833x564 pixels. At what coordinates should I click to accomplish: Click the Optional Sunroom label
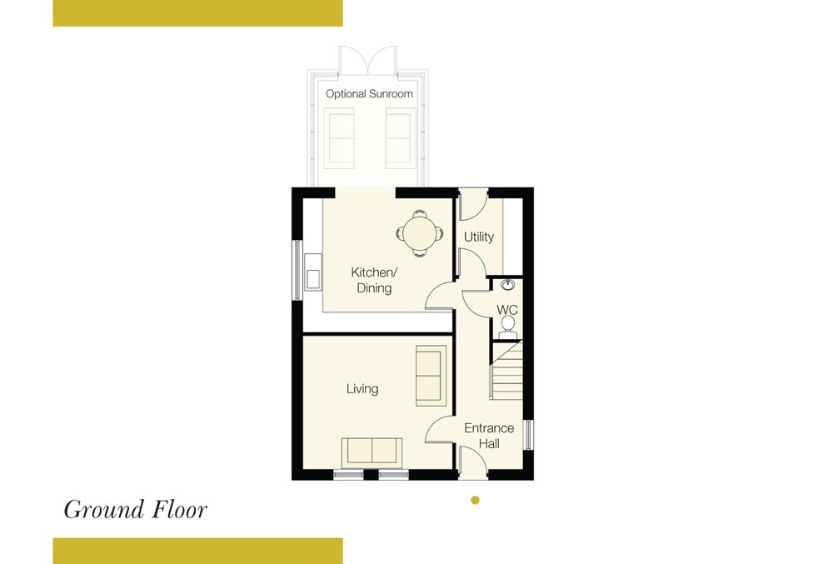tap(369, 94)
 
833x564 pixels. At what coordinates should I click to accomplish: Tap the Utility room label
tap(479, 237)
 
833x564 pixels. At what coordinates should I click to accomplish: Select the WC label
tap(506, 310)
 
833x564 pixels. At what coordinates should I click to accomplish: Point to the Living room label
tap(362, 389)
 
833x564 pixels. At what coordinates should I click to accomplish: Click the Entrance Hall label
tap(489, 436)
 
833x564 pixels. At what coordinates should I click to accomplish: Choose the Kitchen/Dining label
tap(374, 280)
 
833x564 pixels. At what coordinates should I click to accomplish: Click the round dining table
tap(420, 233)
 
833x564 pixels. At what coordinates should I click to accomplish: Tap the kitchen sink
tap(313, 272)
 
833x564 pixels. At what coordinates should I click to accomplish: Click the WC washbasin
tap(508, 285)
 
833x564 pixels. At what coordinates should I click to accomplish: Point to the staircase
tap(506, 370)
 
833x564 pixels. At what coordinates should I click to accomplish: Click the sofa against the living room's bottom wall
tap(372, 452)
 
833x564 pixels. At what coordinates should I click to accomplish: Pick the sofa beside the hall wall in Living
tap(431, 376)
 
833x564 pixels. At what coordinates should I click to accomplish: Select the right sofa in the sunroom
tap(401, 138)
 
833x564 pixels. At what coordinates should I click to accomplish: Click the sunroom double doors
tap(368, 59)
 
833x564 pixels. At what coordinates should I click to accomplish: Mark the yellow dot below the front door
tap(476, 500)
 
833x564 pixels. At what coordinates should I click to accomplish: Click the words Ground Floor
tap(136, 510)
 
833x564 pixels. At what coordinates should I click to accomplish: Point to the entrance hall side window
tap(529, 435)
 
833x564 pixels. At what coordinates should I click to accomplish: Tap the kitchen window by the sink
tap(297, 270)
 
